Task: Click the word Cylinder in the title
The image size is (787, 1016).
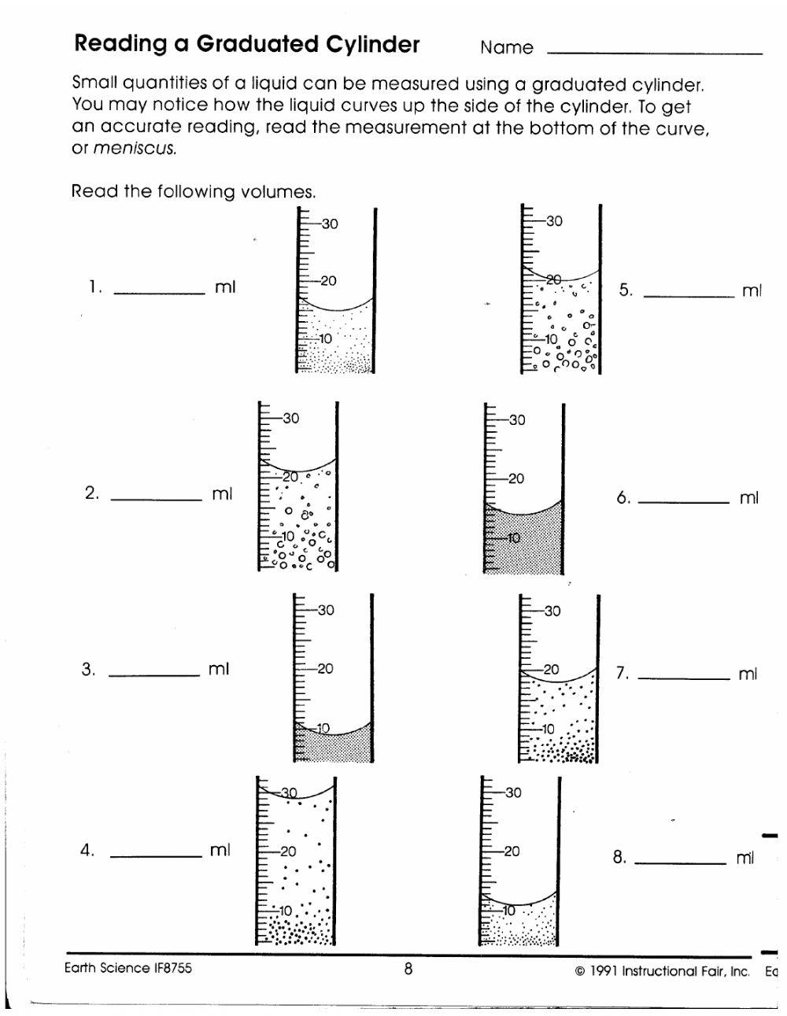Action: (372, 45)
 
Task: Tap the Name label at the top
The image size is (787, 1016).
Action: (506, 48)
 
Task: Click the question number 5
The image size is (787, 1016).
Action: (625, 290)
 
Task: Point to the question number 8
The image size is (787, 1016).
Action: (619, 858)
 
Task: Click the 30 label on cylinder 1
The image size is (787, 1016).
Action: (330, 224)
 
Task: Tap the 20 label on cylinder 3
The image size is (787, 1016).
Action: (325, 669)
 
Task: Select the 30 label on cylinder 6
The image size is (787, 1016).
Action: (516, 420)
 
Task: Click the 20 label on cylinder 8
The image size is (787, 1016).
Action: (512, 852)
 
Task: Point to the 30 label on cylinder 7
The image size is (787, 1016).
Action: (552, 611)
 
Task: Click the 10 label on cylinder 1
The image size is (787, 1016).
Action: (326, 339)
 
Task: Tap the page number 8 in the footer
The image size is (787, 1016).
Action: (408, 970)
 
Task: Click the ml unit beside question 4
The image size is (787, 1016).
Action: (220, 851)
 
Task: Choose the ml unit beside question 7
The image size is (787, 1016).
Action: (748, 674)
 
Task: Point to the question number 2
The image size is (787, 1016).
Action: (91, 494)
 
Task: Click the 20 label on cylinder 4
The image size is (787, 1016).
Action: (288, 852)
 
